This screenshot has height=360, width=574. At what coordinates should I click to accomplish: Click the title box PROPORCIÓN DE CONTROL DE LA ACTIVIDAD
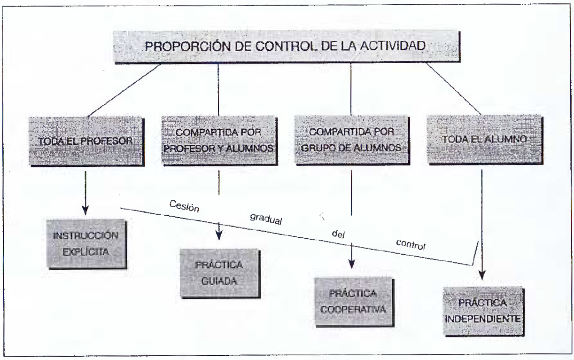click(287, 47)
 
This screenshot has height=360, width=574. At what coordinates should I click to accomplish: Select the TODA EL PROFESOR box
click(86, 141)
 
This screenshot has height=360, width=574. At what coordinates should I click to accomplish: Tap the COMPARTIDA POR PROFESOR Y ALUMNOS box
click(219, 140)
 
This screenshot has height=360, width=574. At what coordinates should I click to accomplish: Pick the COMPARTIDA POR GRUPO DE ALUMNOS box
click(352, 140)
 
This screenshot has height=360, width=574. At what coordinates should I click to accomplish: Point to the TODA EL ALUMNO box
click(485, 139)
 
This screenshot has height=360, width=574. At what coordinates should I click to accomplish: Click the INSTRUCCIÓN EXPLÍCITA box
click(86, 244)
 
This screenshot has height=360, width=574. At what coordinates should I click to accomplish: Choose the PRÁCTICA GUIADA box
click(220, 273)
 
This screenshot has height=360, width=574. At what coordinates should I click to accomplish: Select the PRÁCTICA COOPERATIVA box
click(354, 302)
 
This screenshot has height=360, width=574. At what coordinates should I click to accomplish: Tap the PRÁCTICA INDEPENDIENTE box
click(483, 311)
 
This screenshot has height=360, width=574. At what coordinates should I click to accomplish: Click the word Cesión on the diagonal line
click(184, 206)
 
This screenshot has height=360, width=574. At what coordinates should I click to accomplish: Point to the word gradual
click(266, 219)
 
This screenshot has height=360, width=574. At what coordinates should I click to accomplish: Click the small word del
click(338, 234)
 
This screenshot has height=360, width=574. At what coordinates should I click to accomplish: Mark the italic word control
click(411, 244)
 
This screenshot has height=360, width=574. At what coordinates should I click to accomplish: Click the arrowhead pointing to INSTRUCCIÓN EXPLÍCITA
click(85, 210)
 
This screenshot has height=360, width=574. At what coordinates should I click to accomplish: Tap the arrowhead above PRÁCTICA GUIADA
click(219, 235)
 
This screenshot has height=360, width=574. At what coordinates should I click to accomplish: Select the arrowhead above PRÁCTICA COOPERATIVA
click(351, 264)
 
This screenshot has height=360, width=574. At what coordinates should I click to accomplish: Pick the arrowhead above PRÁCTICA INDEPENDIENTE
click(482, 275)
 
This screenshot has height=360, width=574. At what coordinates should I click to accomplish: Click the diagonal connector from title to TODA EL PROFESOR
click(124, 90)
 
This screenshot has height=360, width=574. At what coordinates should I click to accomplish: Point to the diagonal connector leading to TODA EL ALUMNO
click(454, 89)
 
